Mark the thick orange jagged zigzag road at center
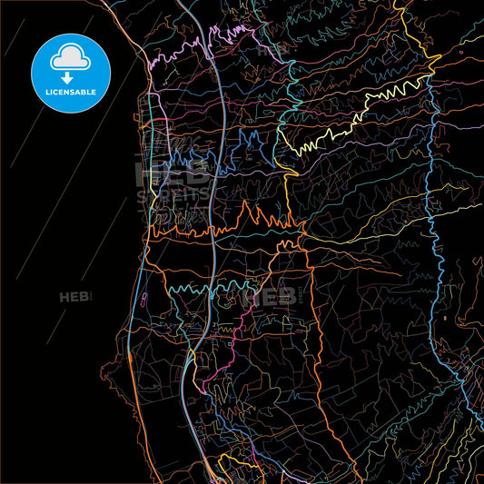tap(259, 218)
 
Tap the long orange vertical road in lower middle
tap(318, 345)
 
